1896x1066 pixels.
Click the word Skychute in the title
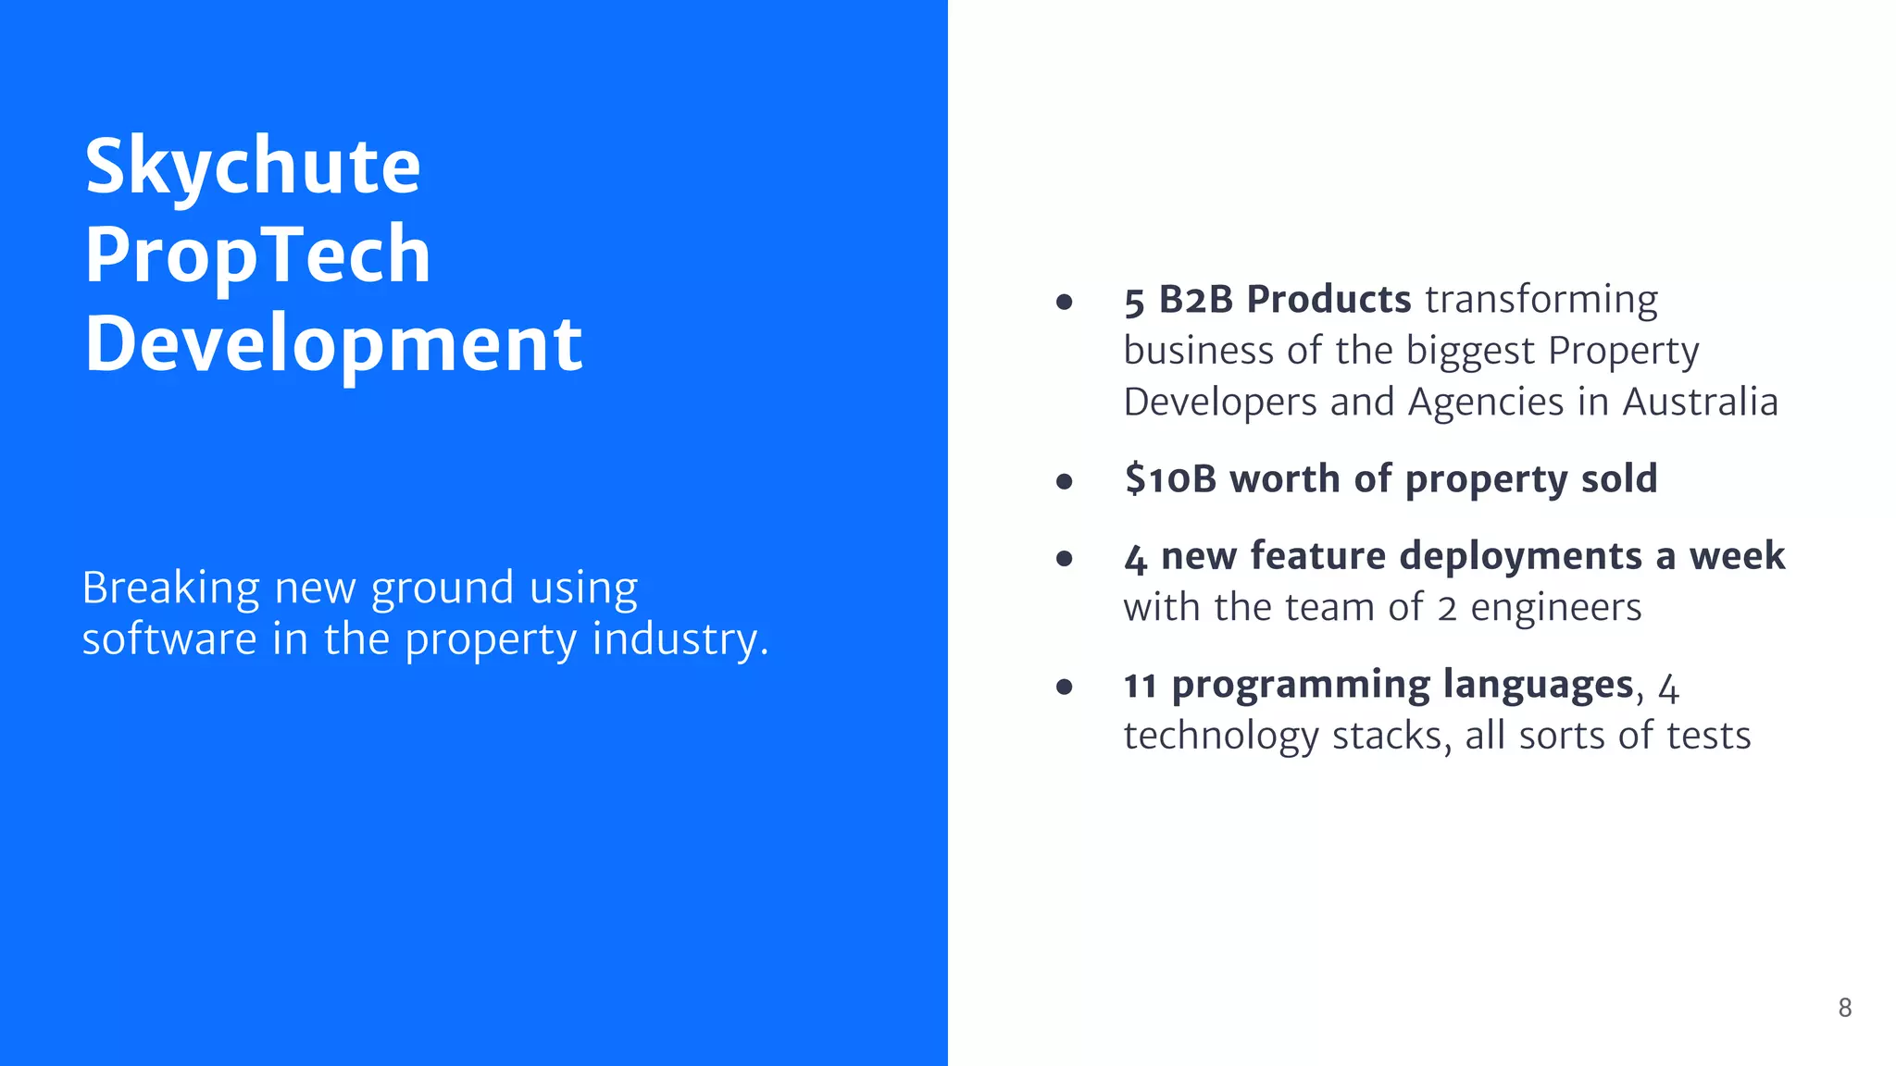[253, 167]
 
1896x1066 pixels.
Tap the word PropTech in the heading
[257, 254]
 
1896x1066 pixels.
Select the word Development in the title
[333, 343]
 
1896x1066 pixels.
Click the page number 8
[1844, 1008]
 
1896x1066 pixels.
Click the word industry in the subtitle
[675, 639]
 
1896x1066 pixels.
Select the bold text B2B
[1195, 300]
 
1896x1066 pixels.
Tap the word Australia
[1700, 403]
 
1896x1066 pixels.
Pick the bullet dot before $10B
[1065, 481]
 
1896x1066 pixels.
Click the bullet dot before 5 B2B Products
[1065, 302]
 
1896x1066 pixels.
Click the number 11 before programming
[1140, 686]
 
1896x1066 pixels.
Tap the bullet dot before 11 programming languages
[1065, 687]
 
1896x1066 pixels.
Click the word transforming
[1540, 300]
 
